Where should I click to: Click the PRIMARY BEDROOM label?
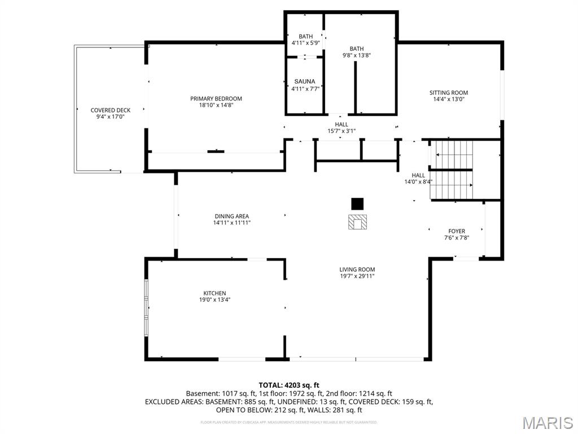point(216,99)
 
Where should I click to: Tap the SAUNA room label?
point(305,81)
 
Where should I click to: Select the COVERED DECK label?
point(111,110)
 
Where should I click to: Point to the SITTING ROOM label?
point(449,93)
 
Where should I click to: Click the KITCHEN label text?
point(215,293)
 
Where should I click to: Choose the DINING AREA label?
point(231,216)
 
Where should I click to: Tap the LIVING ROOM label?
point(357,270)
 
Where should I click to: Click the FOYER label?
point(457,231)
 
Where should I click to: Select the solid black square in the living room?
point(357,203)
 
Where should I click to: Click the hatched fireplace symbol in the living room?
point(357,222)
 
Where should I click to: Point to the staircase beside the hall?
point(452,170)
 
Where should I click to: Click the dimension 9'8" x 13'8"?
point(357,55)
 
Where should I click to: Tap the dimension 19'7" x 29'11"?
point(357,276)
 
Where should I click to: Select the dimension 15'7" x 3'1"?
point(341,131)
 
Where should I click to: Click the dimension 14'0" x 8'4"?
point(418,182)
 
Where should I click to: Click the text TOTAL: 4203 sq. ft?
point(289,385)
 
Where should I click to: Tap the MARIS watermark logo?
point(548,423)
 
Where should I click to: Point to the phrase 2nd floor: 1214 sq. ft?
point(361,393)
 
